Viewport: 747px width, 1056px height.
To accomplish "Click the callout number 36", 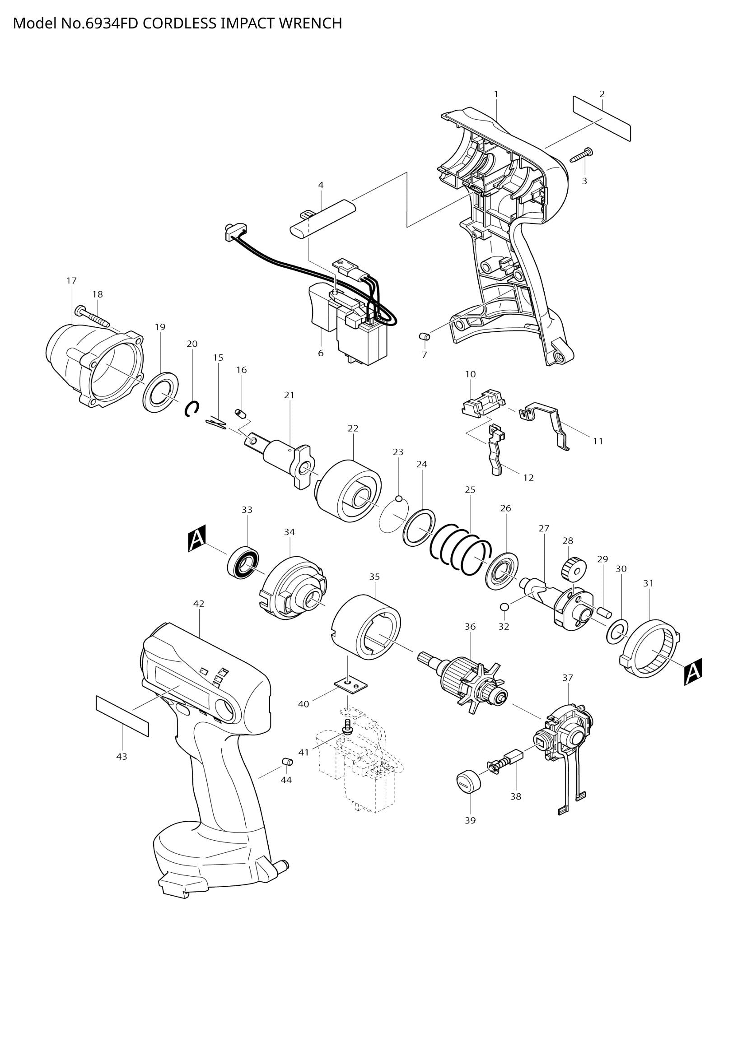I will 470,627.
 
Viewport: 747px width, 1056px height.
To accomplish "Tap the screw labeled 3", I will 582,154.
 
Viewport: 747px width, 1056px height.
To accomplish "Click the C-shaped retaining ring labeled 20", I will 192,409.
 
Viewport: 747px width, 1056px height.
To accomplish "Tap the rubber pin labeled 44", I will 288,762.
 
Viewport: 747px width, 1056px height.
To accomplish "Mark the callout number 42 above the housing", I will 199,604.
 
